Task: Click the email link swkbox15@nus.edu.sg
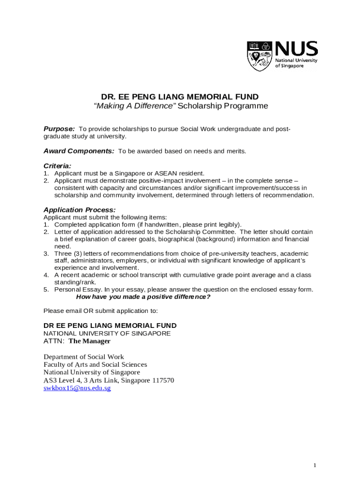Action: (77, 388)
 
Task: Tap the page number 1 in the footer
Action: (315, 465)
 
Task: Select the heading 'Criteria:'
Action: (58, 166)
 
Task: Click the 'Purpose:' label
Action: (59, 129)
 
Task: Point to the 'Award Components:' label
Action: (79, 151)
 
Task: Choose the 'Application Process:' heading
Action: (79, 210)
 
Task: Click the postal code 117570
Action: (160, 380)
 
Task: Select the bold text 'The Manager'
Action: (89, 341)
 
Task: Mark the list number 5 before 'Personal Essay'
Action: (46, 290)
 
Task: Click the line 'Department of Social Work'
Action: (84, 357)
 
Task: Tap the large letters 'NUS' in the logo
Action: (296, 49)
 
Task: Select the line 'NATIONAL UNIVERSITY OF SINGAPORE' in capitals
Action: (107, 334)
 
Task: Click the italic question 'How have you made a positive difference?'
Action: (143, 297)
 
